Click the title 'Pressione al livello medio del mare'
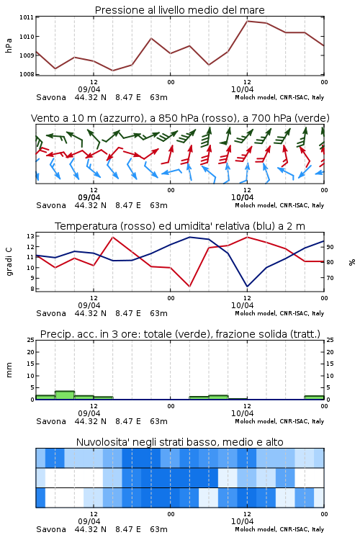click(179, 10)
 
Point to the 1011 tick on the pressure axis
click(27, 17)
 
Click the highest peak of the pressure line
click(247, 21)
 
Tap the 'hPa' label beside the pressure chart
click(9, 45)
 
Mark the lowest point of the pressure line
click(112, 71)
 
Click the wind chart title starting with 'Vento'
click(180, 118)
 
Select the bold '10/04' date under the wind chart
click(242, 197)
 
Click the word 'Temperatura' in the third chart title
click(86, 226)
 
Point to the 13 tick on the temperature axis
click(30, 236)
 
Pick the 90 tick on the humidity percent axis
click(330, 247)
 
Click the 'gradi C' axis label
click(9, 262)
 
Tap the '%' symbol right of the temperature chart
click(352, 262)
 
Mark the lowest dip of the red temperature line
click(189, 286)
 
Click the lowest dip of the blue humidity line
click(247, 286)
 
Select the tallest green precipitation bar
click(65, 395)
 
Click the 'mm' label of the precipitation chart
click(9, 369)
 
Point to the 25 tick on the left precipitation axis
click(31, 340)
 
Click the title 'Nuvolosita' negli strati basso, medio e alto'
click(179, 442)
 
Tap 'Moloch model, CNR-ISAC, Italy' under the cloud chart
click(279, 529)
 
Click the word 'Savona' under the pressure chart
click(51, 97)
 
